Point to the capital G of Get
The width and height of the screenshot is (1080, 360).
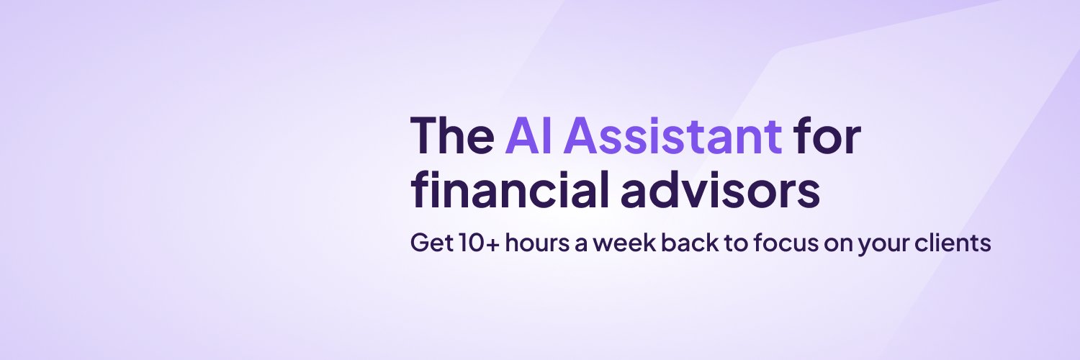tap(419, 243)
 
